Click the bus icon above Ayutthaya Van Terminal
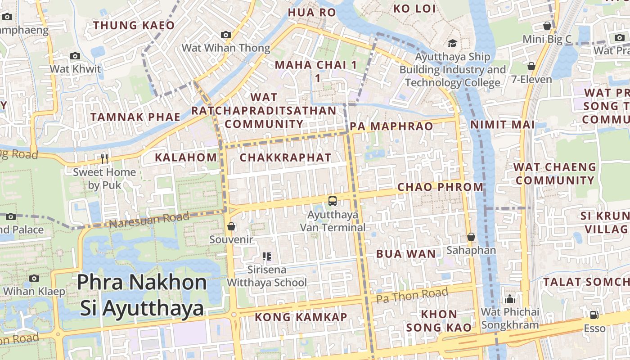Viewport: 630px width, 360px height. pyautogui.click(x=333, y=201)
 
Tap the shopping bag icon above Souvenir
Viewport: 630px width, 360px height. pyautogui.click(x=231, y=226)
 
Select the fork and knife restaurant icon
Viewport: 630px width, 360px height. pyautogui.click(x=104, y=158)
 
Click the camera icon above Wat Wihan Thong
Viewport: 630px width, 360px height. pyautogui.click(x=226, y=35)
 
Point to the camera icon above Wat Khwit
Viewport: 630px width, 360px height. pyautogui.click(x=75, y=56)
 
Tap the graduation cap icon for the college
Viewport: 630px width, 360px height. pyautogui.click(x=452, y=44)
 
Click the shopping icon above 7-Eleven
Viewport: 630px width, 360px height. pyautogui.click(x=531, y=66)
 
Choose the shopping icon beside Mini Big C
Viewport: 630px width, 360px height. pyautogui.click(x=547, y=26)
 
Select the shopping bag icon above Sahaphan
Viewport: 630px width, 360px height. pyautogui.click(x=471, y=237)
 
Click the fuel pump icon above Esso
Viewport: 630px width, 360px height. pyautogui.click(x=594, y=315)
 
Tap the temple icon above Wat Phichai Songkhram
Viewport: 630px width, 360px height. pyautogui.click(x=510, y=299)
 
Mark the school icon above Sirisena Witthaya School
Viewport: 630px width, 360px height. pyautogui.click(x=267, y=256)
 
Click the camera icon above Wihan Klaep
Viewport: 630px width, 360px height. pyautogui.click(x=34, y=278)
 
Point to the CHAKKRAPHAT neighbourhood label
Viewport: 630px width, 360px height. pyautogui.click(x=285, y=157)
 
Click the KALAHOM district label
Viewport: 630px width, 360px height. pyautogui.click(x=186, y=157)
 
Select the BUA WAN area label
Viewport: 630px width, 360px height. pyautogui.click(x=406, y=254)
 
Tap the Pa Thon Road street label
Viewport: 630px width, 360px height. pyautogui.click(x=412, y=296)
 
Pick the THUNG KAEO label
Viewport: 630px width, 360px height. pyautogui.click(x=134, y=25)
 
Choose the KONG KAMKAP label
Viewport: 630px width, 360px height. pyautogui.click(x=301, y=317)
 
